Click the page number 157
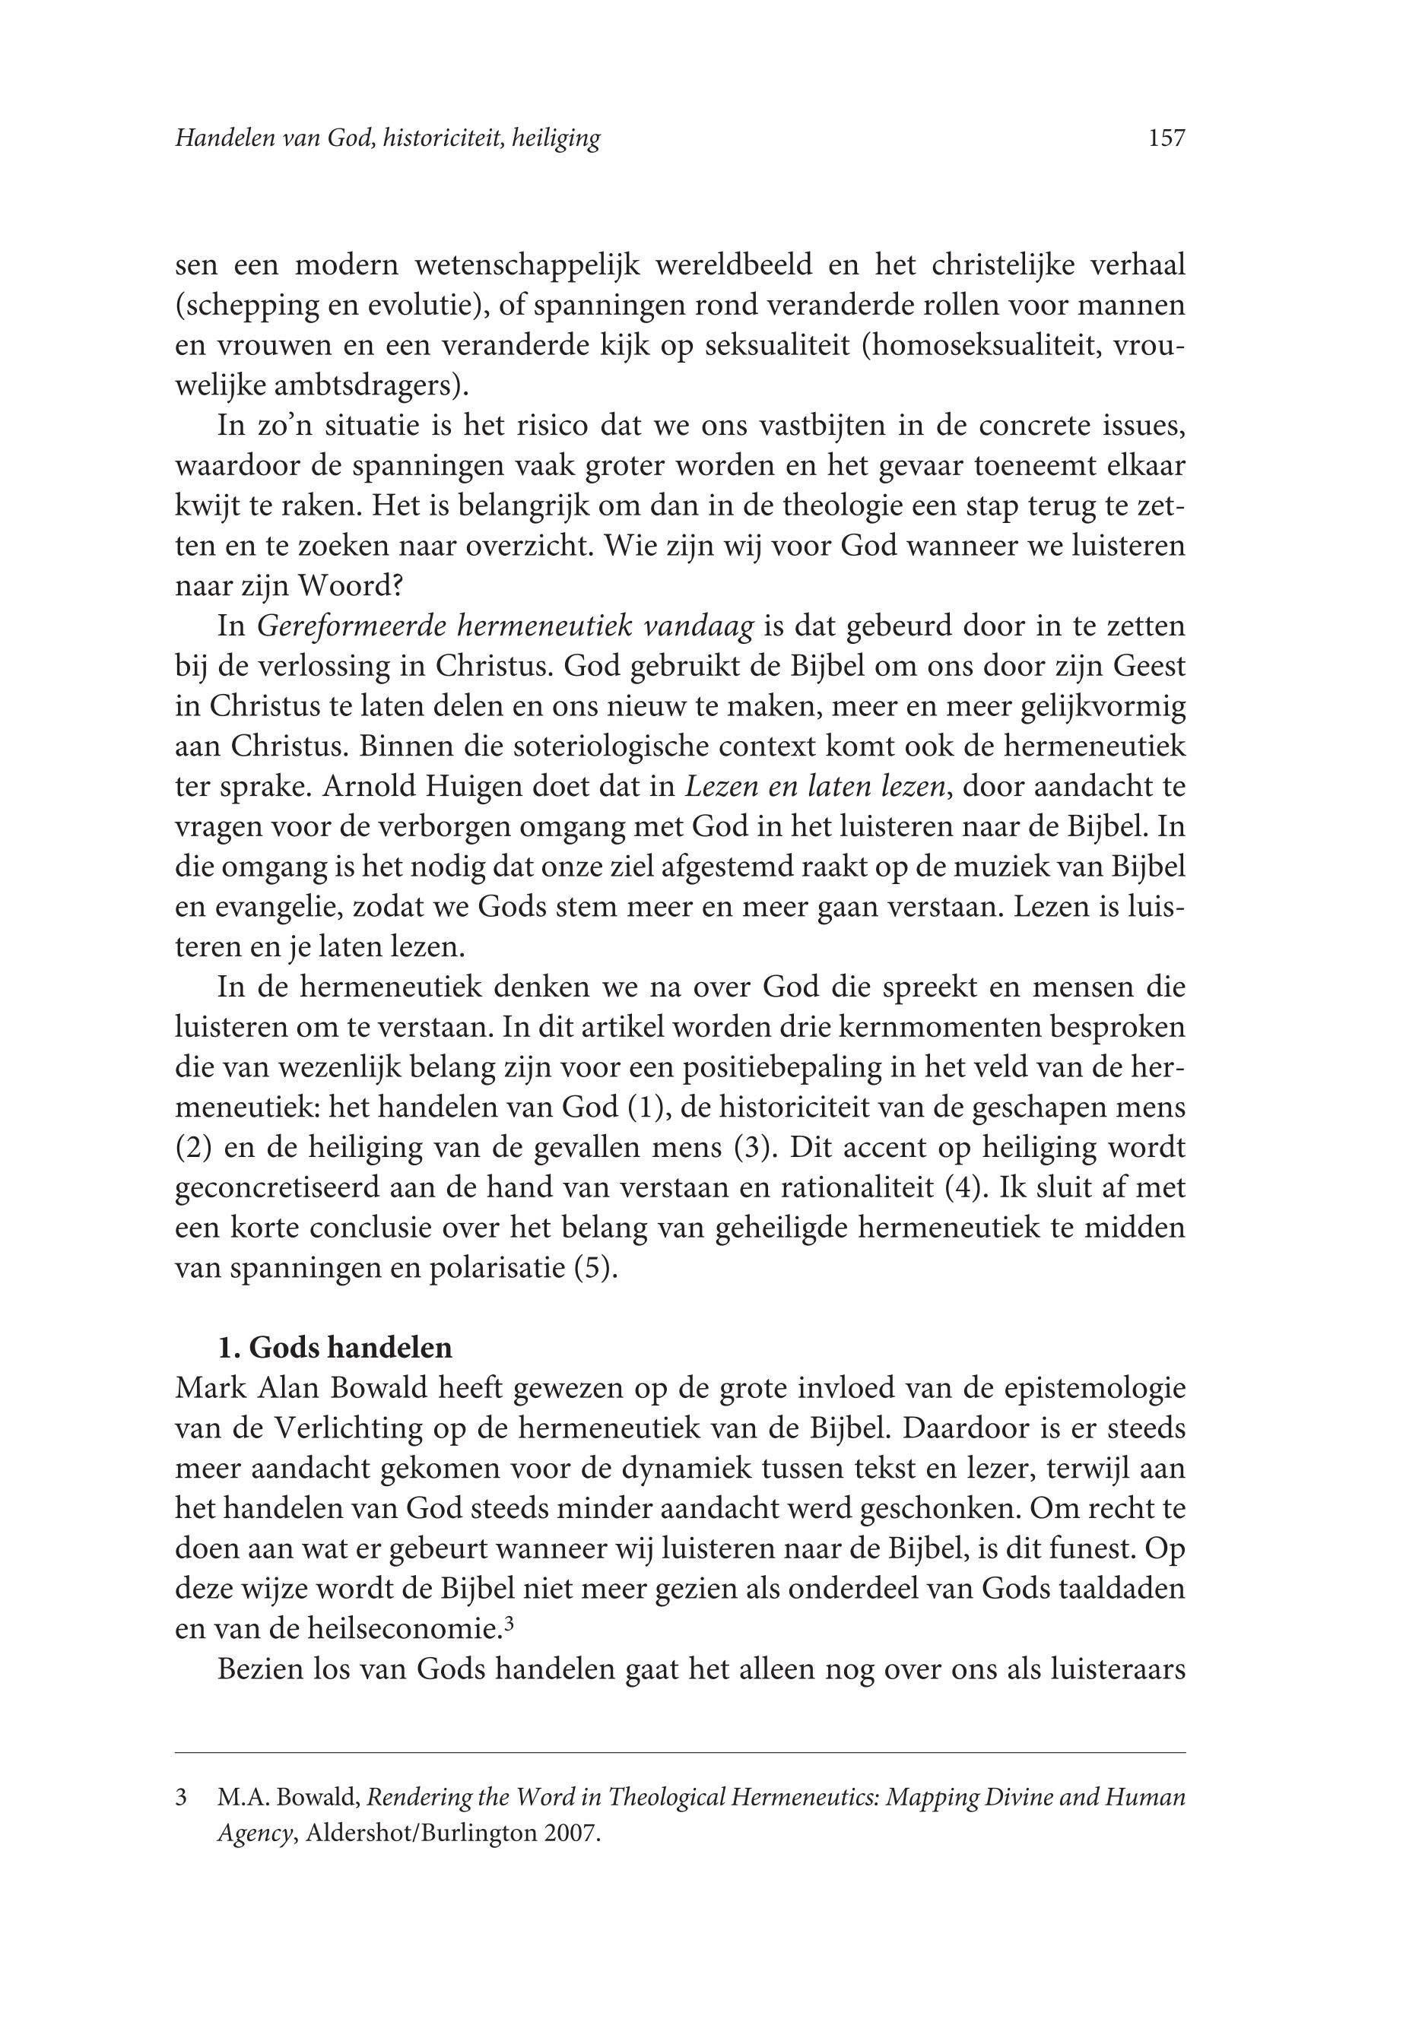[x=1167, y=138]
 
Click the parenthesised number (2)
[x=193, y=1148]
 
